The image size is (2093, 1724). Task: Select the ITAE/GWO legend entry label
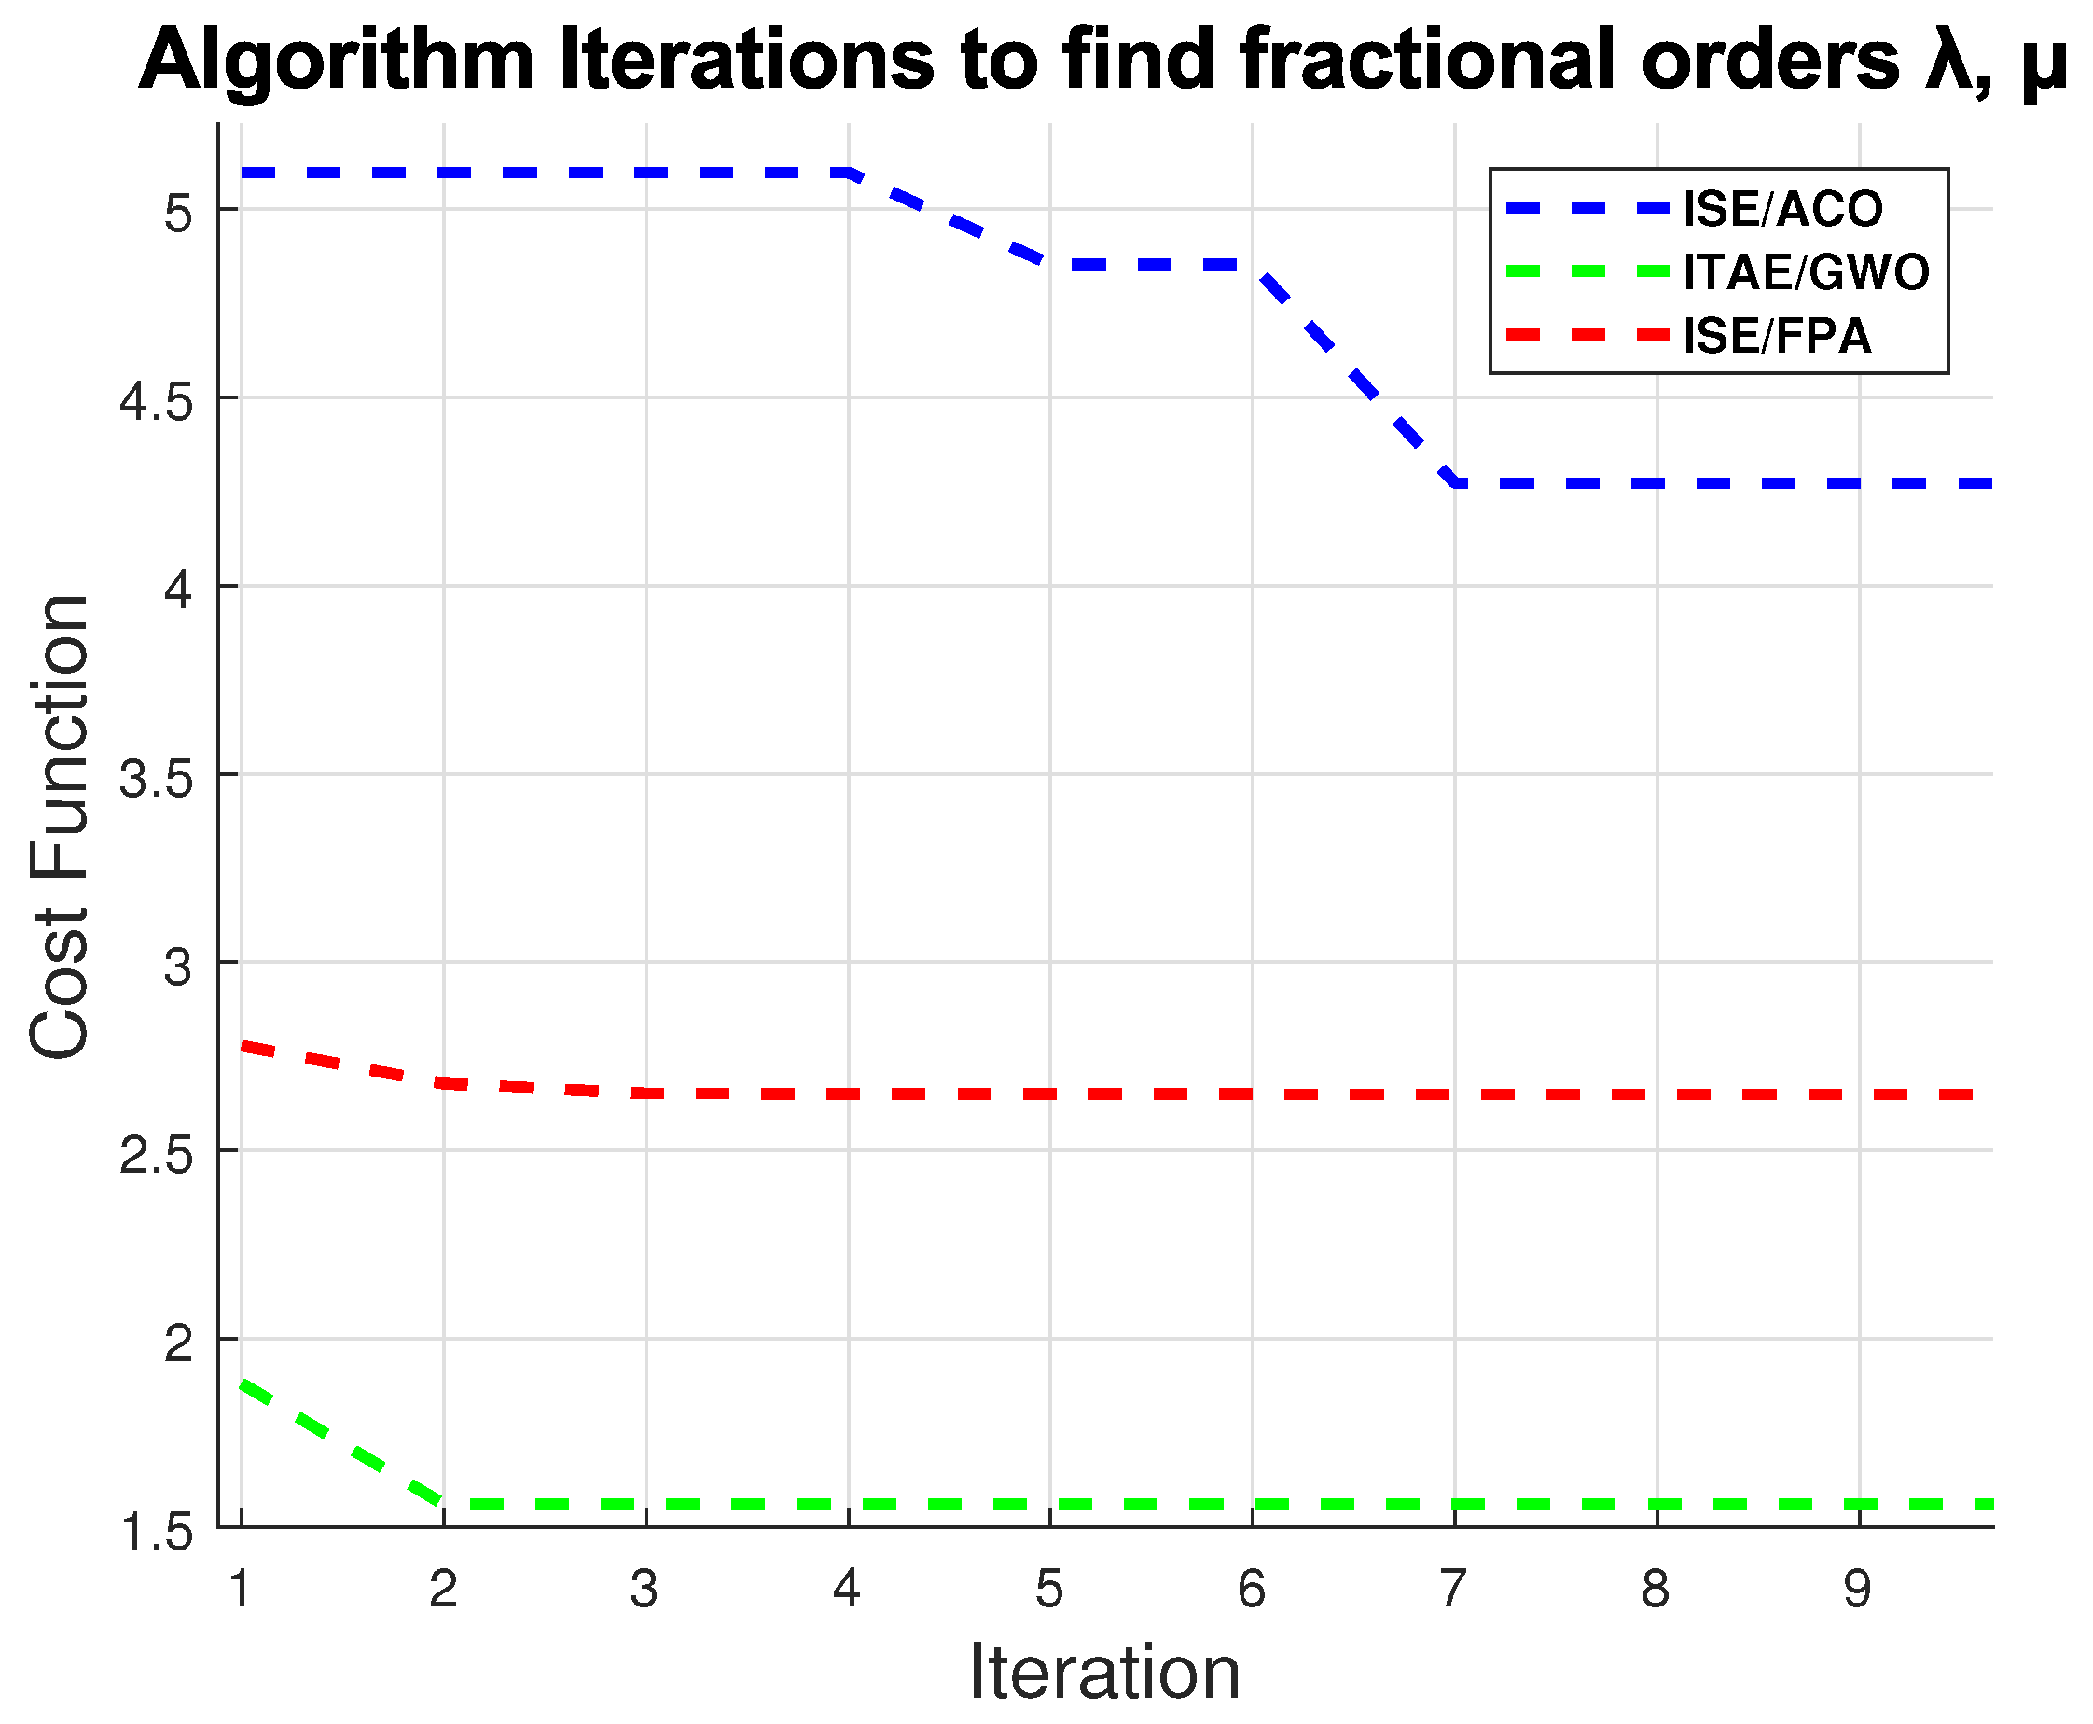1806,272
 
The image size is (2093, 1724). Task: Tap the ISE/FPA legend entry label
1776,336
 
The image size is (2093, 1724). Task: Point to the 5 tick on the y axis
179,212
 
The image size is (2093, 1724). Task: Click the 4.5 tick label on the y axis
155,400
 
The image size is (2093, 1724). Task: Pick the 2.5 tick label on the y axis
155,1154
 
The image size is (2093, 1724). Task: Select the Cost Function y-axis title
60,827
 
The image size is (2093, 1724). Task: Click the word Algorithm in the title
338,62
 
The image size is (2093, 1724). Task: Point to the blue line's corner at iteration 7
1455,482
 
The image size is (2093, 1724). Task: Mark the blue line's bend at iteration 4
849,173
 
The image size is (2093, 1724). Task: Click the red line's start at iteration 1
243,1046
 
